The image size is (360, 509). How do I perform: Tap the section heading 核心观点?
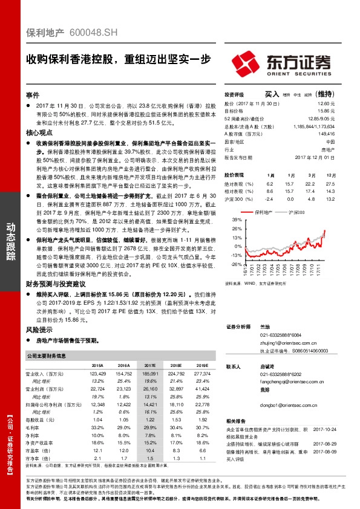38,131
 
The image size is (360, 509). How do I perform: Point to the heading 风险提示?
38,331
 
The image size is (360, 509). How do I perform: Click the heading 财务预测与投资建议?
55,284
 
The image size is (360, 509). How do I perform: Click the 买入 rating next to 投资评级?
271,94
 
